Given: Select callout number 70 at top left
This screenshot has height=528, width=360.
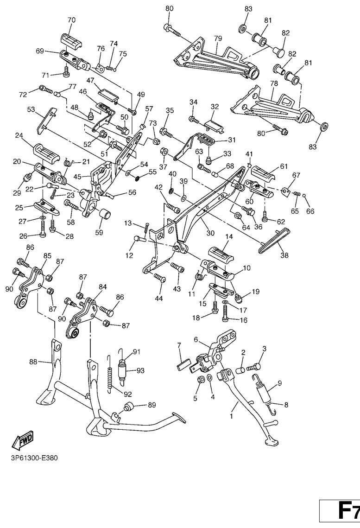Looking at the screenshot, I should click(71, 20).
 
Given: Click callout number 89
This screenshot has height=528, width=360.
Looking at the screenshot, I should click(152, 405).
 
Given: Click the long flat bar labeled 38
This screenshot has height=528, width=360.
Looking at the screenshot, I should click(274, 239).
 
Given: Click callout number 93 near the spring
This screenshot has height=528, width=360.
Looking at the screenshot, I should click(140, 370).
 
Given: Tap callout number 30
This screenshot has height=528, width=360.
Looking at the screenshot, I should click(210, 233).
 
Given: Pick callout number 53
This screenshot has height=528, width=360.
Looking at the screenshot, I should click(31, 109).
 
